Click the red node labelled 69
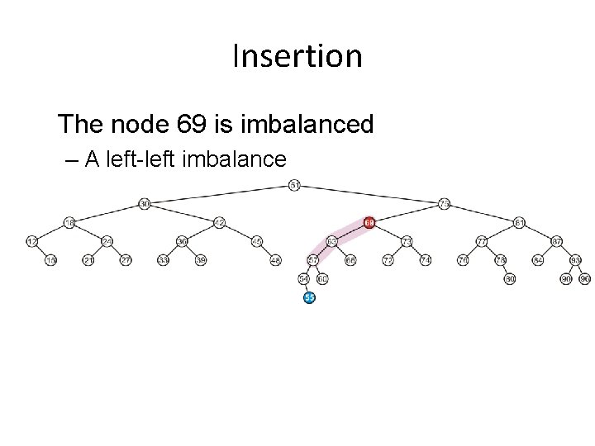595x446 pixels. pyautogui.click(x=369, y=222)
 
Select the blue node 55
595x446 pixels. pyautogui.click(x=309, y=297)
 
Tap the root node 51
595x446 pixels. pyautogui.click(x=295, y=185)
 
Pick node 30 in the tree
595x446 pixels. pyautogui.click(x=145, y=203)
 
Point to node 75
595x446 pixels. pyautogui.click(x=445, y=203)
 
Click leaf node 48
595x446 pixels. pyautogui.click(x=276, y=260)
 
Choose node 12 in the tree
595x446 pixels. pyautogui.click(x=32, y=241)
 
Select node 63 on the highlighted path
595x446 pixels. pyautogui.click(x=332, y=241)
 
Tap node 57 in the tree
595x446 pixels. pyautogui.click(x=313, y=260)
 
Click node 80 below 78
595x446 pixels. pyautogui.click(x=510, y=279)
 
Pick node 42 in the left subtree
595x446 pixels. pyautogui.click(x=219, y=222)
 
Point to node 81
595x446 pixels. pyautogui.click(x=520, y=222)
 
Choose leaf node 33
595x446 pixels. pyautogui.click(x=164, y=260)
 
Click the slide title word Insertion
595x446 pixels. pyautogui.click(x=297, y=56)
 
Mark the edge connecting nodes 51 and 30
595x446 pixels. pyautogui.click(x=220, y=194)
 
